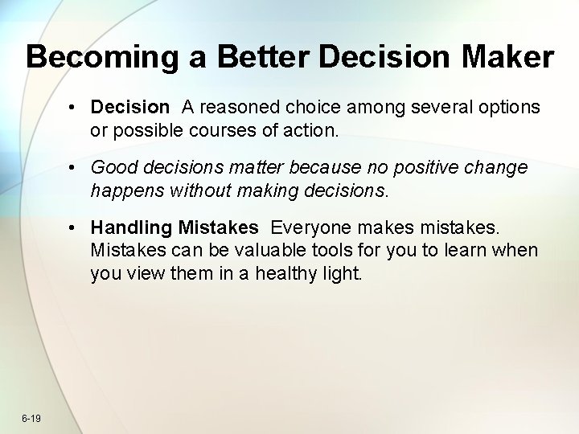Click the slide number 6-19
(x=32, y=418)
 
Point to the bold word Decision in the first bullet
(x=130, y=107)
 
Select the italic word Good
(x=112, y=167)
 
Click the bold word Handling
(x=131, y=228)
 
